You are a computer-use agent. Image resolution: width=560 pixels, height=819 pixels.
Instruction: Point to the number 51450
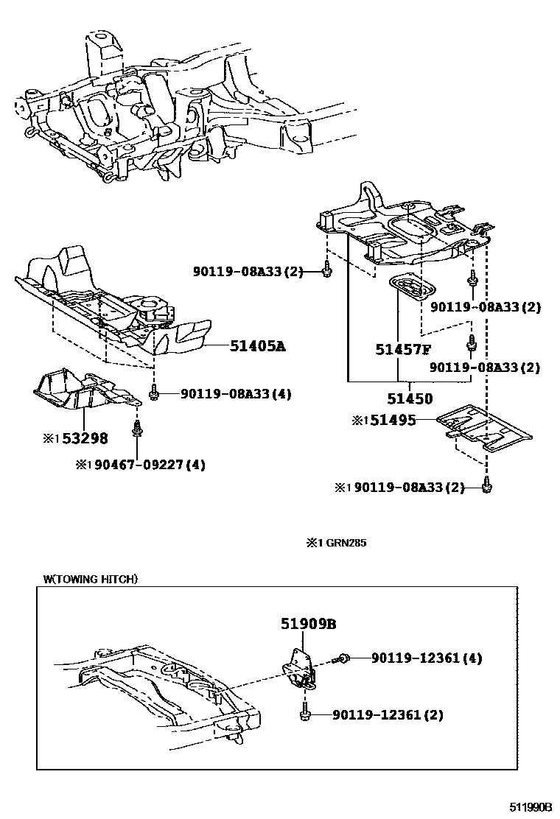[410, 399]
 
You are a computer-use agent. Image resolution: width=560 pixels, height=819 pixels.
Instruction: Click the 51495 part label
[393, 421]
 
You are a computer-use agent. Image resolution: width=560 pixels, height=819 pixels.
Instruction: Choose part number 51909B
[308, 624]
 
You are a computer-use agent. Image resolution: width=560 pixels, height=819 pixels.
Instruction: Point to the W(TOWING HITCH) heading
[90, 579]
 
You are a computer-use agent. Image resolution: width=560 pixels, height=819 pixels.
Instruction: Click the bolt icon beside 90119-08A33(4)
[154, 394]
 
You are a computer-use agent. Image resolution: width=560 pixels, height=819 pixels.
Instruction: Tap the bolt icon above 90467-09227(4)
[136, 427]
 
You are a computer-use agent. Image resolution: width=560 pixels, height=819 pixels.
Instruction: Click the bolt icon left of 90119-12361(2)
[304, 714]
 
